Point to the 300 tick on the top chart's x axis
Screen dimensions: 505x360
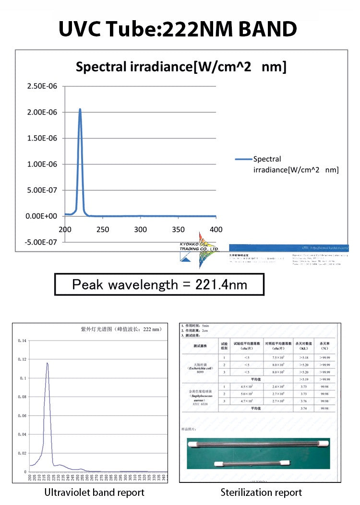click(141, 230)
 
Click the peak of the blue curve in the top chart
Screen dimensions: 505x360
click(80, 109)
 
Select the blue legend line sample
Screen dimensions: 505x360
click(243, 159)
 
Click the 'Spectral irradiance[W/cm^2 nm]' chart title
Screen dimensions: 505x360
click(181, 67)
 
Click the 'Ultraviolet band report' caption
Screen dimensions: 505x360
click(94, 492)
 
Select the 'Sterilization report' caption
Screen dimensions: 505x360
click(261, 492)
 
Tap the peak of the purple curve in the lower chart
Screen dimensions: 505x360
click(47, 363)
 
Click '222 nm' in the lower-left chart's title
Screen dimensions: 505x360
click(152, 329)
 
